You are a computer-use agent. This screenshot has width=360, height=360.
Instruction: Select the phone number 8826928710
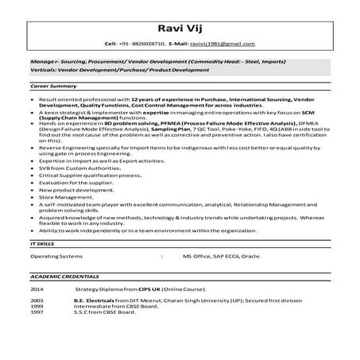coord(145,45)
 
